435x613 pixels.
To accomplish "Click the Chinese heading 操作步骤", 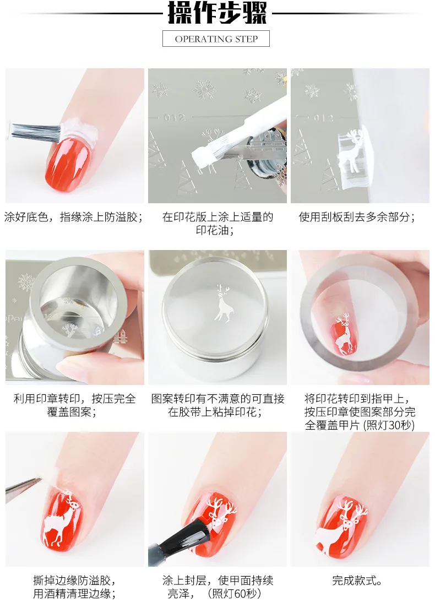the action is click(217, 13).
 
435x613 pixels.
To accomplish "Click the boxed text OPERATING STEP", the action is click(216, 39).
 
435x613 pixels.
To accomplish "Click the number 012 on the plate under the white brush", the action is click(175, 117).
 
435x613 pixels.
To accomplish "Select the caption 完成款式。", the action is click(357, 580).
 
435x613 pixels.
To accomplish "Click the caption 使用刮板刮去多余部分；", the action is click(357, 216).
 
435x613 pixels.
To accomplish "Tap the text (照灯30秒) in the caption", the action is click(389, 425).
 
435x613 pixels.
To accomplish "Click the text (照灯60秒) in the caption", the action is click(235, 594).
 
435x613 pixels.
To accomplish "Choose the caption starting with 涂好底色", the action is click(73, 216).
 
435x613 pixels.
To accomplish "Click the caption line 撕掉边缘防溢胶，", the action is click(74, 580).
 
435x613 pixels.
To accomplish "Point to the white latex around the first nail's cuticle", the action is click(78, 128).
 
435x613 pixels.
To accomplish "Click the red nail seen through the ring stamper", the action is click(344, 335).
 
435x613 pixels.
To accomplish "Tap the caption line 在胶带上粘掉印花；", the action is click(215, 411).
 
